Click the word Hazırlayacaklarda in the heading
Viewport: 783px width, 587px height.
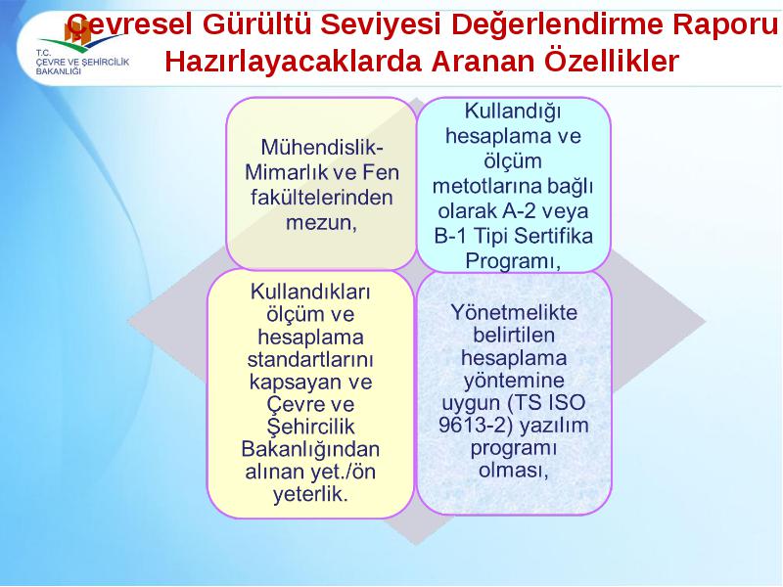tap(295, 63)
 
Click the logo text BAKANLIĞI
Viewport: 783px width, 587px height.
tap(59, 71)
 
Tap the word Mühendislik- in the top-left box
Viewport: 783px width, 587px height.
tap(322, 148)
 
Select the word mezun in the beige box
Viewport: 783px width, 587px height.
tap(321, 223)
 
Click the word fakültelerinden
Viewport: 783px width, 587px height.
tap(322, 198)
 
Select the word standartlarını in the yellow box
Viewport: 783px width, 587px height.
tap(310, 359)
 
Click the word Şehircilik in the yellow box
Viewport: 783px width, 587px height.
tap(310, 427)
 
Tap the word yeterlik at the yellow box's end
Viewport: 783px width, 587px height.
tap(309, 494)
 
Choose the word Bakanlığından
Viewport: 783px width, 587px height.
tap(310, 450)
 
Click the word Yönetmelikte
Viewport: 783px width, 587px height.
tap(514, 312)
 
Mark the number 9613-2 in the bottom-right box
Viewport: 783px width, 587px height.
tap(474, 426)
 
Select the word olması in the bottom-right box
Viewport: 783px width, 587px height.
tap(513, 471)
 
